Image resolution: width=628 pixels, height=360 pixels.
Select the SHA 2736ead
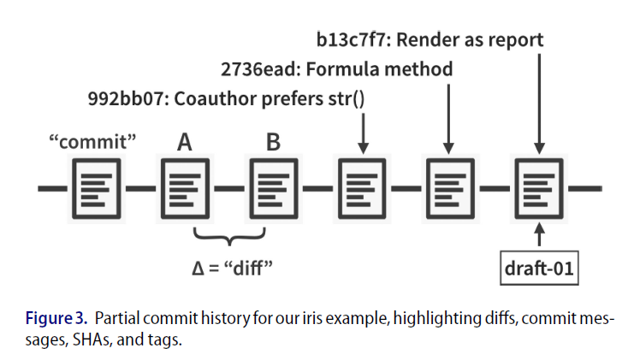click(x=252, y=69)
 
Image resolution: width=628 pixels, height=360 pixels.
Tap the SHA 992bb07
click(x=121, y=98)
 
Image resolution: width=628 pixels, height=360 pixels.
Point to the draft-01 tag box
click(x=538, y=269)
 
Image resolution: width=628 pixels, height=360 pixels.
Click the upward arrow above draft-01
click(x=538, y=233)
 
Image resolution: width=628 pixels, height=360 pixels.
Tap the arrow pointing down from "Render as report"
click(x=538, y=103)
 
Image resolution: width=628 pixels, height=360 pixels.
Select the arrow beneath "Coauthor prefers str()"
click(x=362, y=133)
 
